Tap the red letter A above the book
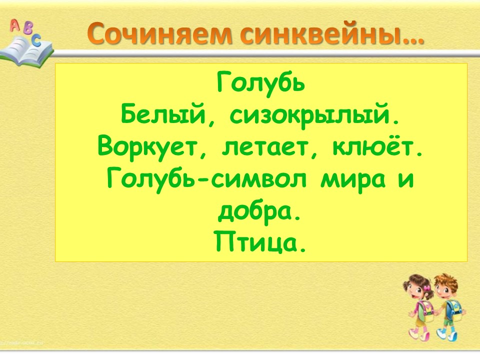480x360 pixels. (14, 25)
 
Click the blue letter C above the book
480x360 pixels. (36, 40)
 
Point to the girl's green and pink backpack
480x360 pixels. (426, 310)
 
